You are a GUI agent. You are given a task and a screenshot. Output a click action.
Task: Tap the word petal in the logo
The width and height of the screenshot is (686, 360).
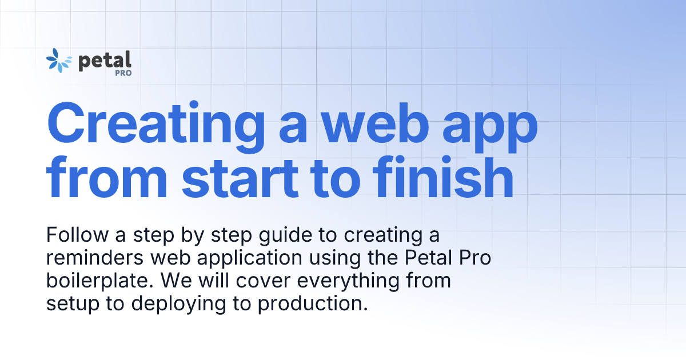point(105,60)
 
